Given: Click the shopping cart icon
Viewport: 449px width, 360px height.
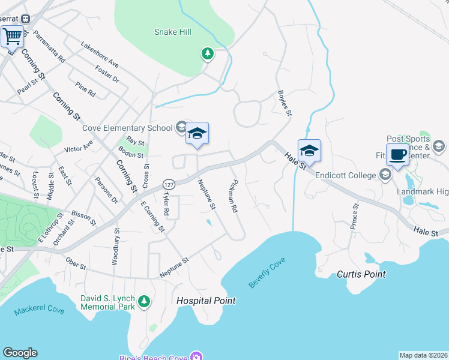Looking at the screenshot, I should click(11, 37).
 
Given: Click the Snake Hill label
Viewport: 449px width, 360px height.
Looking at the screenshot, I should click(172, 32).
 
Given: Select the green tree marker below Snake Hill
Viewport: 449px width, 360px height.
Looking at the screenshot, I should click(207, 55).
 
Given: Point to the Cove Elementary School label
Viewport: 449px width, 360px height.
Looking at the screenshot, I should click(128, 127).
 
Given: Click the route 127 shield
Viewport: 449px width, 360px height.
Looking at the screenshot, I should click(169, 184).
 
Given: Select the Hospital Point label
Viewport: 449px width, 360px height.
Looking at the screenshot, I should click(206, 301).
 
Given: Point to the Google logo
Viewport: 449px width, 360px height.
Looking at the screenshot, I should click(20, 353).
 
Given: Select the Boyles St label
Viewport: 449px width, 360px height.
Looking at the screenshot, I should click(285, 103).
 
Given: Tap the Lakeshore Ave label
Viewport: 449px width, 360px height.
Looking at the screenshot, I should click(100, 55).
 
